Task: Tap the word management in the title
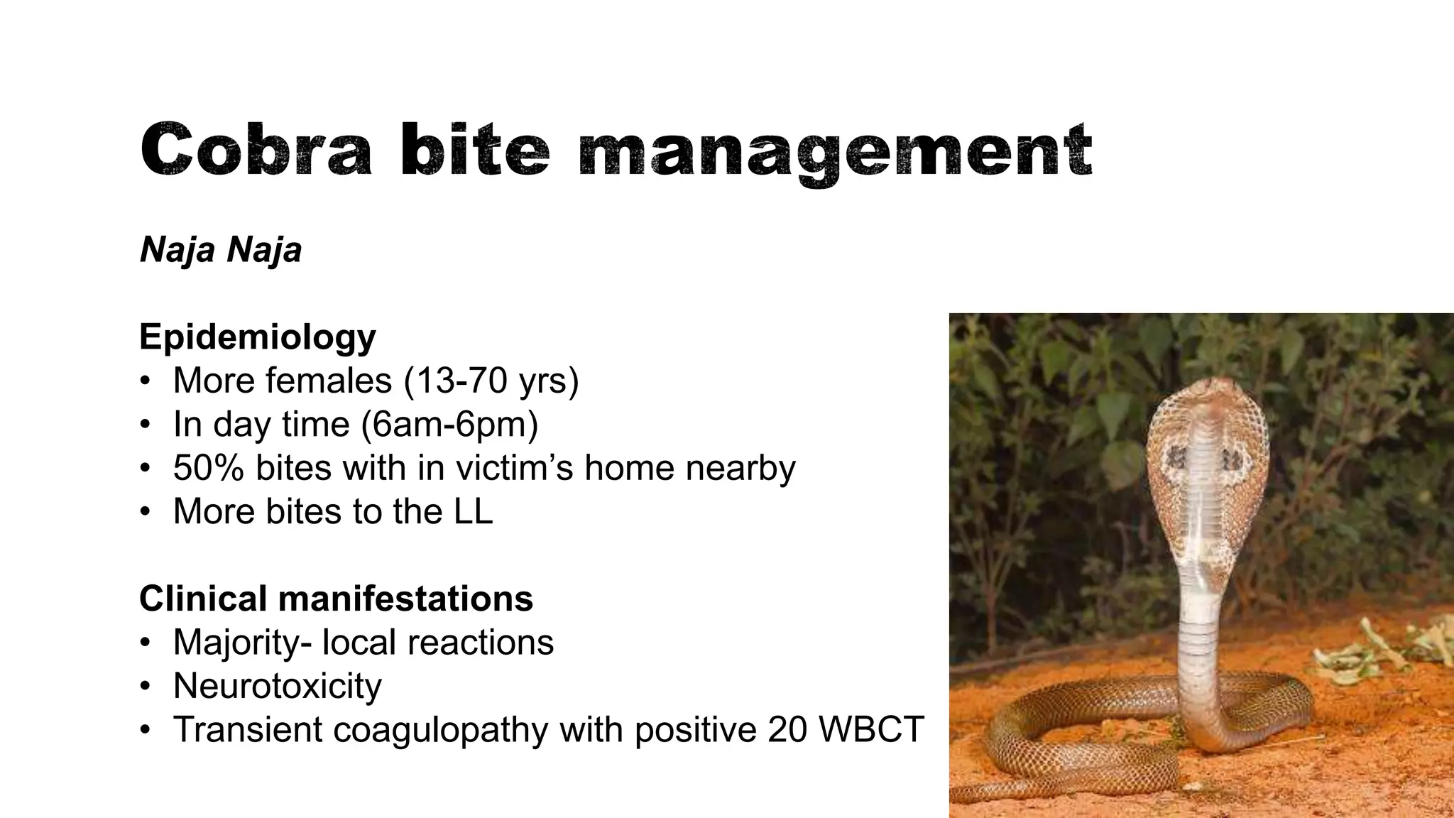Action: (835, 151)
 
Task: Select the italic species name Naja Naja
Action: (221, 250)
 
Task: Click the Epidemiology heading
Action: (257, 337)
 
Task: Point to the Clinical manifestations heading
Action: (336, 599)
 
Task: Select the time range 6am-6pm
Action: (449, 425)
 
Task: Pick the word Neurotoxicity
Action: (278, 687)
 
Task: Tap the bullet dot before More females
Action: (146, 381)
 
